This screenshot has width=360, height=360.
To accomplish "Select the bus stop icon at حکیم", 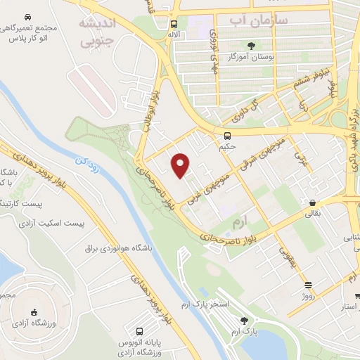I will (227, 136).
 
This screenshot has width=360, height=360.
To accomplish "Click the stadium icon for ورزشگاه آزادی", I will (34, 313).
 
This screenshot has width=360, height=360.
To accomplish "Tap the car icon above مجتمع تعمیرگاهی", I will (27, 16).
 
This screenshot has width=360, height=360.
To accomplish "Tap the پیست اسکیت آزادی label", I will (53, 224).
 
